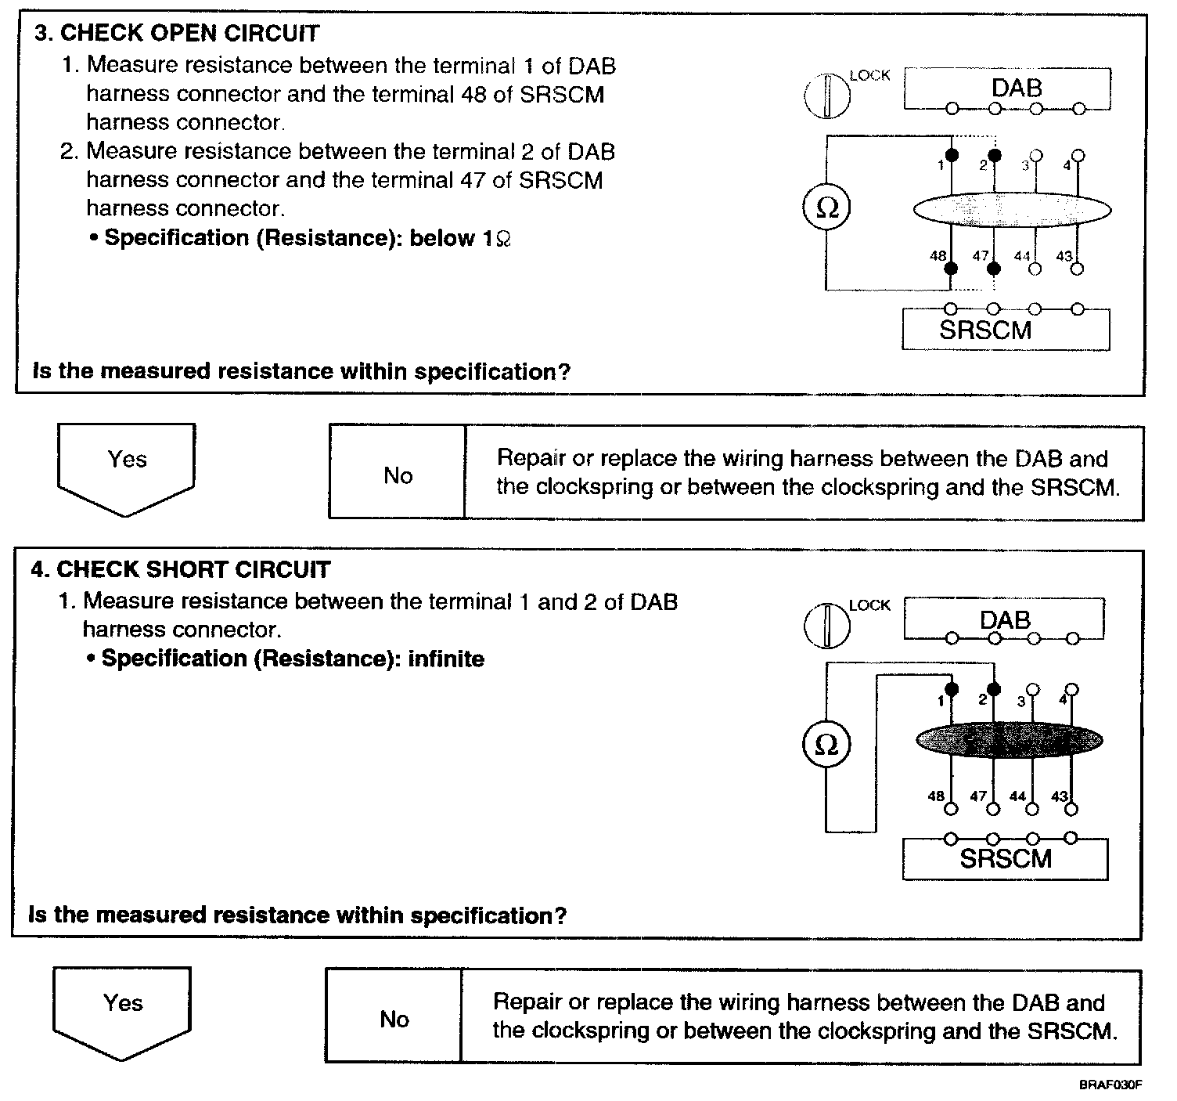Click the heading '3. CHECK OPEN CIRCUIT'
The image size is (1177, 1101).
(x=178, y=34)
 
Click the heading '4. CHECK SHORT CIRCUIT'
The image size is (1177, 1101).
(x=181, y=569)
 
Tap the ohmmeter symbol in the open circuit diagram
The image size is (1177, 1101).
(x=826, y=208)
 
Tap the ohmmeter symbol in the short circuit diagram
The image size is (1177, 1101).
(x=826, y=745)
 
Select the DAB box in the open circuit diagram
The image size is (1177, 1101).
(x=1006, y=88)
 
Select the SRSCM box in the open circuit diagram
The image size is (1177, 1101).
(x=1006, y=330)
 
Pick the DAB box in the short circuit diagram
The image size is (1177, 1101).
(x=1004, y=619)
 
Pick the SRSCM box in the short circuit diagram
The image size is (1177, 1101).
(x=1005, y=859)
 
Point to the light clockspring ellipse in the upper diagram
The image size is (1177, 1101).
(x=1012, y=210)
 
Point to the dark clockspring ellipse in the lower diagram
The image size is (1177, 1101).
(x=1010, y=740)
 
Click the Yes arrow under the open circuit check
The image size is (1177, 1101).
(x=126, y=468)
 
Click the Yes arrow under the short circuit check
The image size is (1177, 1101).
(x=122, y=1013)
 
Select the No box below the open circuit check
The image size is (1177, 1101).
(x=398, y=475)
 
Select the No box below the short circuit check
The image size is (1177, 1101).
(x=394, y=1018)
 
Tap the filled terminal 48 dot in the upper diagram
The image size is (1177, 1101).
(x=952, y=269)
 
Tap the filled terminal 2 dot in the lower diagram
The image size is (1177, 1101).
(x=994, y=689)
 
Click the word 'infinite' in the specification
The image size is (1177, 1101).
(x=446, y=659)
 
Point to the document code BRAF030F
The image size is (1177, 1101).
(x=1110, y=1085)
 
